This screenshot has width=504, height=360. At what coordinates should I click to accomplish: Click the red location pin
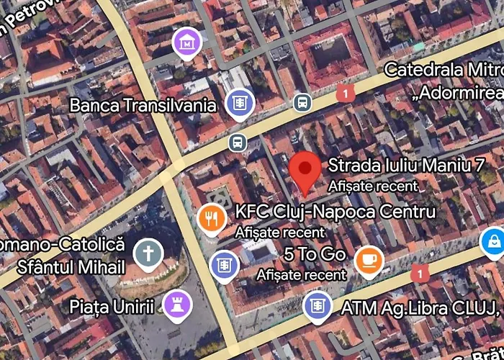coord(305,170)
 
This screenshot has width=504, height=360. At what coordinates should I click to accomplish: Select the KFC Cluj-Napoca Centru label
coord(335,212)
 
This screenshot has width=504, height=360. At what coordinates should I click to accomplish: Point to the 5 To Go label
coord(315,254)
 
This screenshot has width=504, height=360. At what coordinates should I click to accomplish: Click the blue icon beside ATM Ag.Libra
coord(317,305)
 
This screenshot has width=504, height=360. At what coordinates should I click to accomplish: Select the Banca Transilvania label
coord(143,106)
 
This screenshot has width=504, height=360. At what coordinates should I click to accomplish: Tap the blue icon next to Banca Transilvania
coord(239,102)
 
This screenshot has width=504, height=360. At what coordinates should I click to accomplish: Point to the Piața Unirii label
coord(112,307)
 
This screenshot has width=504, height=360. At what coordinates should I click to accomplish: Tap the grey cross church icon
coord(148,253)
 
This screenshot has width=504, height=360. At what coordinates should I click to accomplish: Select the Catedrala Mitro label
coord(443,70)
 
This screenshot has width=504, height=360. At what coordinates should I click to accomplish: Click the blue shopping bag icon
coord(494,241)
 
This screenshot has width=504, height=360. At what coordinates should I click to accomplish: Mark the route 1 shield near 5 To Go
coord(419,273)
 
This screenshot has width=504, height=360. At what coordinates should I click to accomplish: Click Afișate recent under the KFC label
coord(279,233)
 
